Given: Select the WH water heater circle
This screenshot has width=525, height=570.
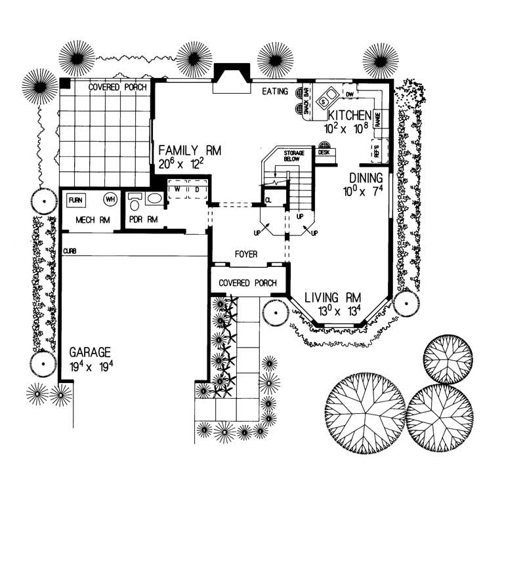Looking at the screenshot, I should (110, 198).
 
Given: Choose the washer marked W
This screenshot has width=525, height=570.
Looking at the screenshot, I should (177, 189).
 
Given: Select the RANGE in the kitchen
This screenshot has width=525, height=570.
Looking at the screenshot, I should (378, 119).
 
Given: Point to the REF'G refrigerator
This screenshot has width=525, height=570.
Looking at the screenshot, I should (378, 150).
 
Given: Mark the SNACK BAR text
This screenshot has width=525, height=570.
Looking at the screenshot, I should (306, 102).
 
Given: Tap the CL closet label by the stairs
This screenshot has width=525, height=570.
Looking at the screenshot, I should (269, 199).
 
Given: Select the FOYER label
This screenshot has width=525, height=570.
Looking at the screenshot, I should (247, 254).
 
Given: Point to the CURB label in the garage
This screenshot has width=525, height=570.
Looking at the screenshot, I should (70, 251).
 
